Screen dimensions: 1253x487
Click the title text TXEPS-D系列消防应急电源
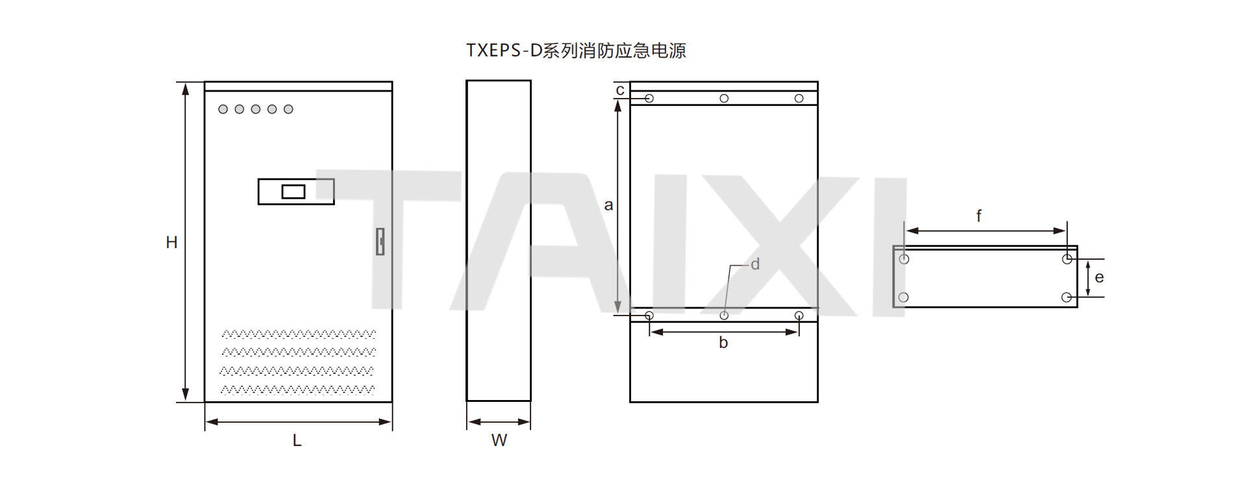click(576, 51)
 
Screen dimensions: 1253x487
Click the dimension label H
click(171, 243)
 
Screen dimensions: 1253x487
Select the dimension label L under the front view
click(297, 441)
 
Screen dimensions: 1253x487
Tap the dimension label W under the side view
click(499, 440)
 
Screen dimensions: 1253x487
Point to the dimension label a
click(608, 205)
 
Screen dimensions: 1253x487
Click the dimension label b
click(723, 342)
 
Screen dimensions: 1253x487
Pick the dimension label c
click(620, 90)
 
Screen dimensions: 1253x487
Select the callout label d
click(755, 264)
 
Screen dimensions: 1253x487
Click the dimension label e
click(1099, 278)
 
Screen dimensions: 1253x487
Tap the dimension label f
click(979, 216)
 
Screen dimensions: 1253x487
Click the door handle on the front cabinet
click(380, 241)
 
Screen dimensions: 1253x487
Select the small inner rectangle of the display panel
click(293, 192)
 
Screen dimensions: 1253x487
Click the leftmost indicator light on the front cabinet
click(223, 109)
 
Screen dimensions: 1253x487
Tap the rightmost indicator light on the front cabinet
click(288, 109)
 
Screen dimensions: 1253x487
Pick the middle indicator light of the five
click(256, 109)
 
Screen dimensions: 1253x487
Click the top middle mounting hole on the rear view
click(724, 99)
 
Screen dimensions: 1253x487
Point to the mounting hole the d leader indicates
click(724, 316)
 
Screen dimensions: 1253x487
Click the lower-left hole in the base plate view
click(904, 297)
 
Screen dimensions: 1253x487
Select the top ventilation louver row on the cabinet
click(299, 334)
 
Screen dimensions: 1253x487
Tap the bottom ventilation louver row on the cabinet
click(297, 390)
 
